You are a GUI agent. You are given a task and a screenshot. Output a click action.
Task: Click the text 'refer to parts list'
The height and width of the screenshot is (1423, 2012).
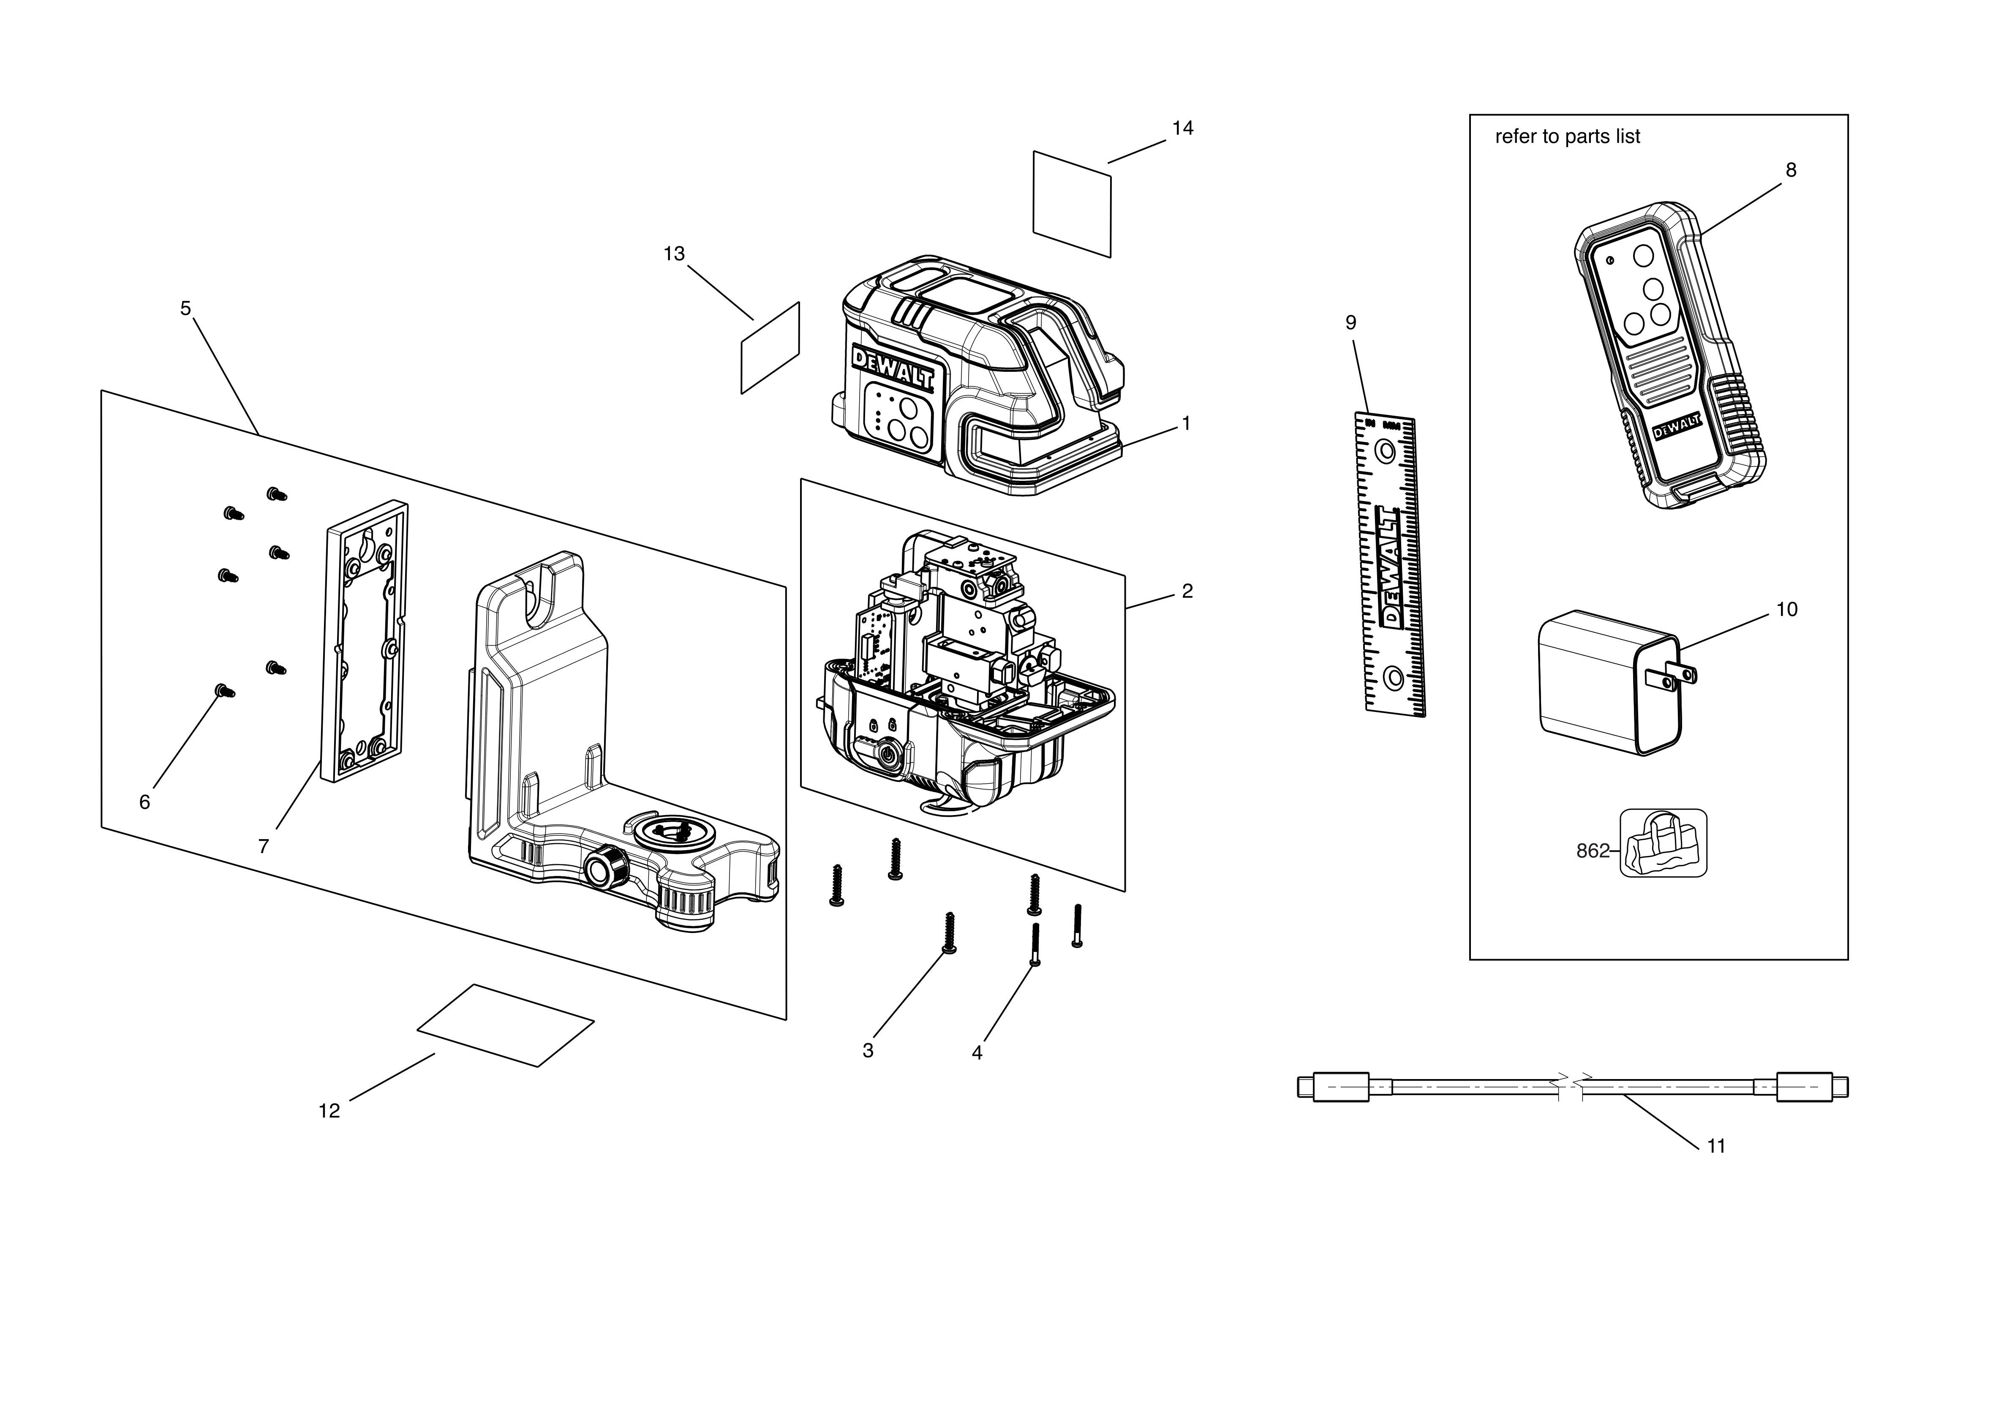(1567, 137)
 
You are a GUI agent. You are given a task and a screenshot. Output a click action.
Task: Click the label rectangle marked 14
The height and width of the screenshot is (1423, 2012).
(1072, 204)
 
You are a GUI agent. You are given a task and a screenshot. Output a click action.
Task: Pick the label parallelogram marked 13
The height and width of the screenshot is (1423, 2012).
(770, 349)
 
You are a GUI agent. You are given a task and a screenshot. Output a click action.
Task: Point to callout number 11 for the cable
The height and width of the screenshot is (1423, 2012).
(1716, 1146)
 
